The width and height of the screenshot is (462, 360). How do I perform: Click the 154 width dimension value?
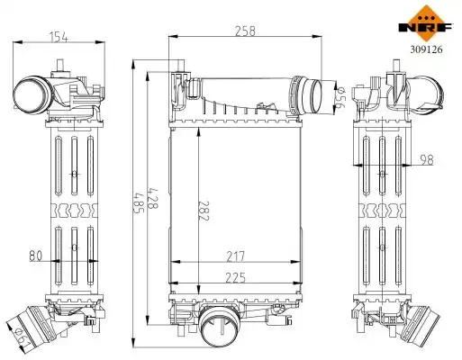tap(59, 38)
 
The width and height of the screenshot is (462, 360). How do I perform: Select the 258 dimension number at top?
tap(245, 31)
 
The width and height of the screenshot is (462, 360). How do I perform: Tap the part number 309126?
tap(426, 49)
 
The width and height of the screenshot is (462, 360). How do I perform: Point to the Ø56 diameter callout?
tap(341, 98)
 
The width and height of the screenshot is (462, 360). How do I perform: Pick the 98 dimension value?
tap(427, 160)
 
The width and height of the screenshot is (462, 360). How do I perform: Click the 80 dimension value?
tap(36, 256)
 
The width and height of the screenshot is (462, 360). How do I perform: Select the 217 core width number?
tap(236, 256)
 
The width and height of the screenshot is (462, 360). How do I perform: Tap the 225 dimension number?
tap(236, 278)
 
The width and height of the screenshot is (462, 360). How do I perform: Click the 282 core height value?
tap(204, 211)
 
